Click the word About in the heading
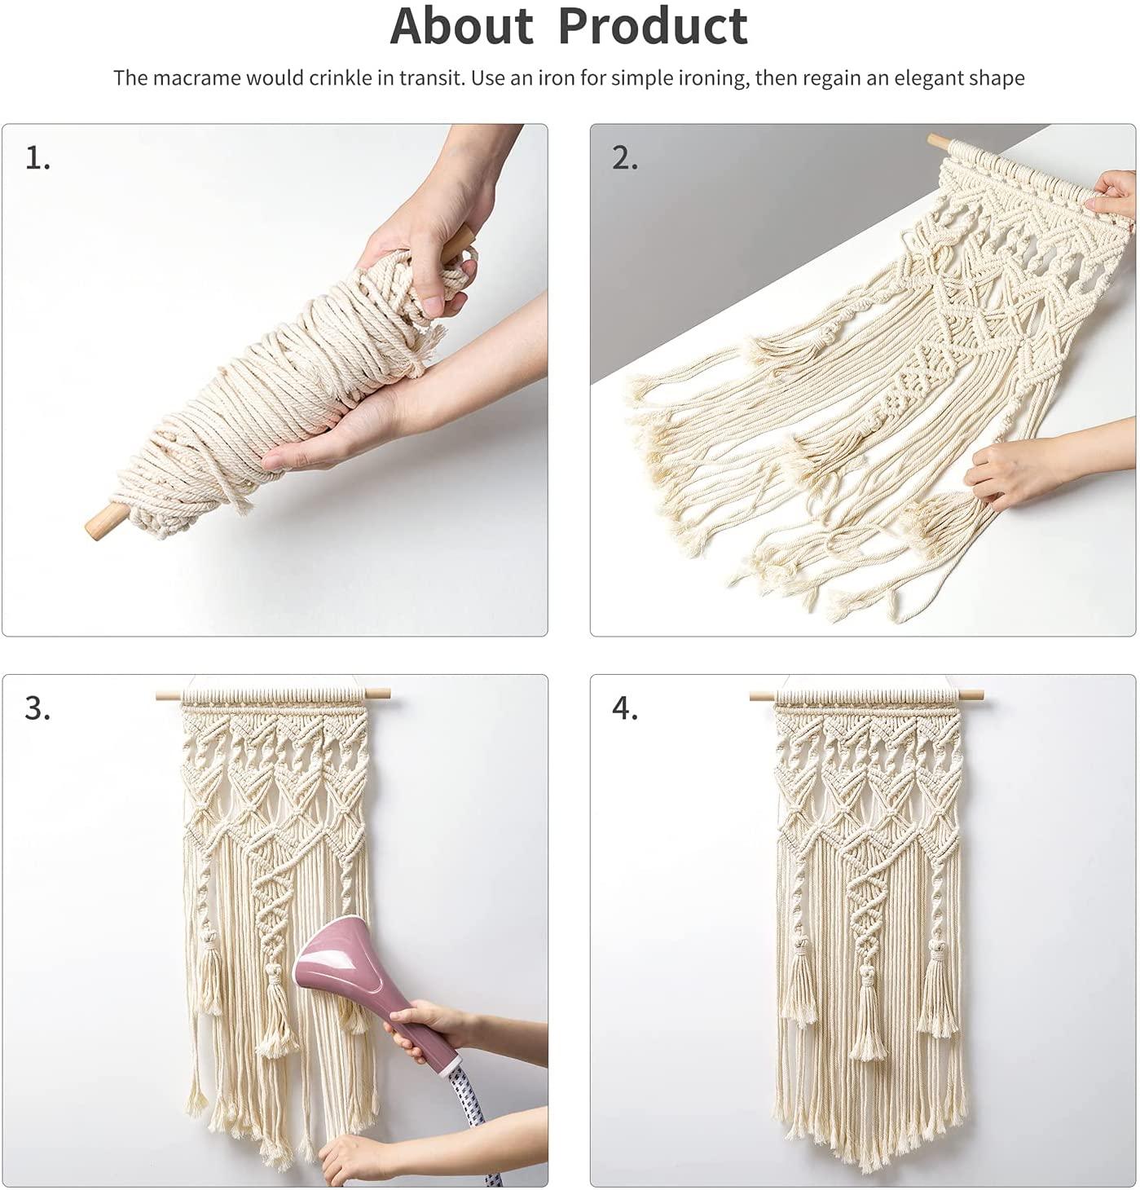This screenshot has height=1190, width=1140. point(461,26)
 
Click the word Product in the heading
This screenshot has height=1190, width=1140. point(653,26)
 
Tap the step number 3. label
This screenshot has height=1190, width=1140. point(37,709)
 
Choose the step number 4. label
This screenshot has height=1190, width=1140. point(625,709)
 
